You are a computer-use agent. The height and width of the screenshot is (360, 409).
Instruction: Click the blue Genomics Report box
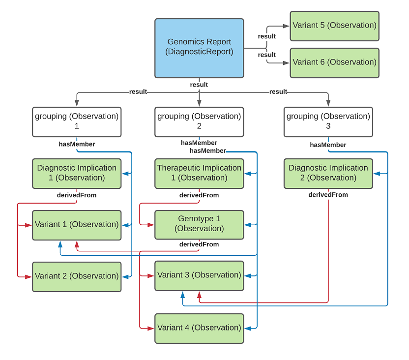(199, 48)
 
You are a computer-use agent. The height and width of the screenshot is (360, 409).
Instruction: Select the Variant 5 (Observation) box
(334, 26)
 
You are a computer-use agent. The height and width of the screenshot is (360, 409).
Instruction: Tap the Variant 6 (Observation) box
(334, 62)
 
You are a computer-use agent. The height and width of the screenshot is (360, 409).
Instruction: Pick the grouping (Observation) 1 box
(77, 121)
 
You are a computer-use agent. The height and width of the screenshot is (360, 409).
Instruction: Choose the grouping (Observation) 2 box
(199, 121)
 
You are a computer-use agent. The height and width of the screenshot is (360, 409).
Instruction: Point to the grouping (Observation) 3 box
(328, 121)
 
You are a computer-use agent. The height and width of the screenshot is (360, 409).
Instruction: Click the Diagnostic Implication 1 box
(77, 173)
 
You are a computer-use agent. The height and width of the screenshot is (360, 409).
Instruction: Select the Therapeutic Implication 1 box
(199, 173)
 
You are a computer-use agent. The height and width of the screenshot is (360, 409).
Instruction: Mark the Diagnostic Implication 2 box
(328, 173)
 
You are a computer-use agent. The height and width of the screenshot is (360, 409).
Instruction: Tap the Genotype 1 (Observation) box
(199, 225)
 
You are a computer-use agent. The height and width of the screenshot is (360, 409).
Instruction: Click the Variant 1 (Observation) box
(77, 225)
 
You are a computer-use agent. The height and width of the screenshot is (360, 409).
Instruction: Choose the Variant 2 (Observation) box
(77, 276)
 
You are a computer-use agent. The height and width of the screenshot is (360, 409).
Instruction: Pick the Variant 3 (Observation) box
(199, 275)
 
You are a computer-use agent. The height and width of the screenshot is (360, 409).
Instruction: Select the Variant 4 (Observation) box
(199, 328)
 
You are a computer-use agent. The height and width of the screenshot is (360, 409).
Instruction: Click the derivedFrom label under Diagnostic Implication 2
(328, 195)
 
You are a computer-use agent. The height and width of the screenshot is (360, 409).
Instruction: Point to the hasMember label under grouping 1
(77, 144)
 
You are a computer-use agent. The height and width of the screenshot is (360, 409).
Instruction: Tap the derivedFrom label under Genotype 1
(199, 244)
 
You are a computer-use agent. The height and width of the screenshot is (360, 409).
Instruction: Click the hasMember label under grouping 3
(328, 145)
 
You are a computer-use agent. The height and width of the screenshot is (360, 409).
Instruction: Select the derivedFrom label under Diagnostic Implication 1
(77, 195)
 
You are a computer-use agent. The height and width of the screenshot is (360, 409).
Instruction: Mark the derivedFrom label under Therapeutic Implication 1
(199, 195)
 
